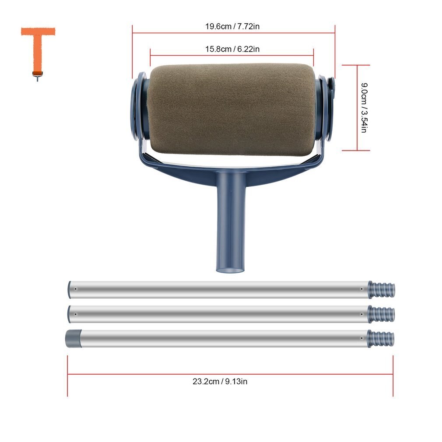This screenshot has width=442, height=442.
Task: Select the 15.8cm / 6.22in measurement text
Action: point(232,49)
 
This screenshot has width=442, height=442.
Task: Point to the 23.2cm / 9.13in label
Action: point(220,381)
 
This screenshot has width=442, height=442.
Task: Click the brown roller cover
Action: point(232,109)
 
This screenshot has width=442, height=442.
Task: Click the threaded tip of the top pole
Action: point(382,289)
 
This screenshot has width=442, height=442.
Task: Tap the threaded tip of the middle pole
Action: point(382,313)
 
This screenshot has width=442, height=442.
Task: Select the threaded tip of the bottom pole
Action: point(381,338)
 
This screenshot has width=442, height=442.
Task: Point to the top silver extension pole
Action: point(219,289)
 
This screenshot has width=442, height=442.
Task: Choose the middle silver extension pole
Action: point(219,313)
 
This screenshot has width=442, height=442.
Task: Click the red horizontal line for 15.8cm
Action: point(184,55)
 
